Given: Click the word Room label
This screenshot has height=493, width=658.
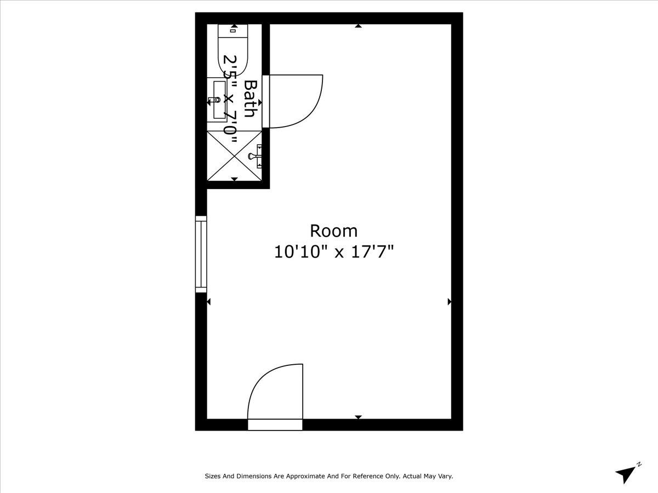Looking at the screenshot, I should tap(333, 231).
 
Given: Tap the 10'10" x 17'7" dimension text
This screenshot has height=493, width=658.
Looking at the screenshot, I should tap(334, 252).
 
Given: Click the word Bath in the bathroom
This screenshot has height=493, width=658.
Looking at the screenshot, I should tap(250, 99).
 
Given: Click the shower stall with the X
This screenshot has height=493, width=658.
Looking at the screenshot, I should tap(234, 156).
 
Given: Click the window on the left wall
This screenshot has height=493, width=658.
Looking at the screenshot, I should tap(201, 254).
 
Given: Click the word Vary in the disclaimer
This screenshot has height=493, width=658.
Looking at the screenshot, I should tap(445, 477).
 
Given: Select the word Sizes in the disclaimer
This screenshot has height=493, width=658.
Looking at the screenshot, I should tap(213, 477).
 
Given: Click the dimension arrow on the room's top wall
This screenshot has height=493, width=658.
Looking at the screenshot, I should tap(358, 26).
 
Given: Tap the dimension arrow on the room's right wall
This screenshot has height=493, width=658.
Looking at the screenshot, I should tap(450, 301).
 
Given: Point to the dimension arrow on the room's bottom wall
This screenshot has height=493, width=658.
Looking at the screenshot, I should tap(358, 417).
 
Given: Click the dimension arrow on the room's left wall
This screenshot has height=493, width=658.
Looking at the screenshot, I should tap(208, 301).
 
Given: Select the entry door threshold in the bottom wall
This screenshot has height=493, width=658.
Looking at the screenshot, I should tap(275, 425).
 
